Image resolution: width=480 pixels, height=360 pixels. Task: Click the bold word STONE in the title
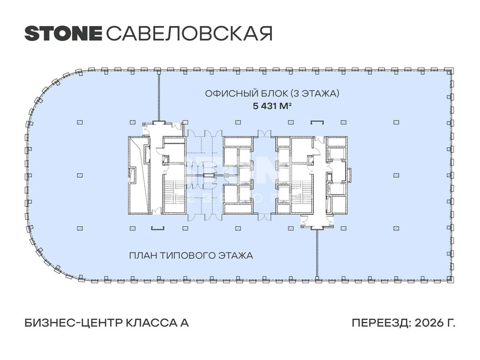pos(63,33)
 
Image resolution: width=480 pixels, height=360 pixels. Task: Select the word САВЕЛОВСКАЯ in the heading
pos(189,34)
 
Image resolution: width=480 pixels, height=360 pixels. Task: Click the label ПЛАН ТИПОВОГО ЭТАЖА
pos(191,255)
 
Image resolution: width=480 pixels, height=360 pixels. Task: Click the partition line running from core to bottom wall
pos(317,254)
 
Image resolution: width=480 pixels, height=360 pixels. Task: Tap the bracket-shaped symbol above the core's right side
pos(318,122)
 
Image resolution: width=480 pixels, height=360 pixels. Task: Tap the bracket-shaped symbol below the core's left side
pos(158,228)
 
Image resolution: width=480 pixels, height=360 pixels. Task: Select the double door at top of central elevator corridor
pos(264,133)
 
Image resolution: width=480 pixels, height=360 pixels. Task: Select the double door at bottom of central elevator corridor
pos(264,218)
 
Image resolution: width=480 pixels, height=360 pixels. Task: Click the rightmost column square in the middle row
pos(396,175)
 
